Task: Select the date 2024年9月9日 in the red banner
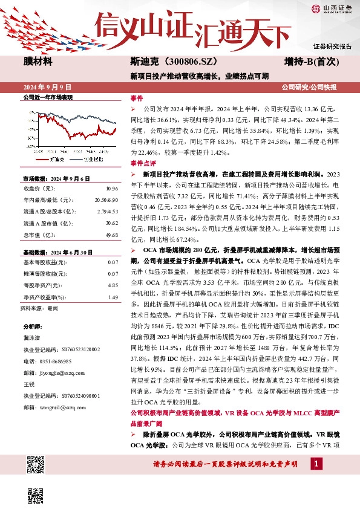48,88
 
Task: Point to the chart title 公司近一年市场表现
47,97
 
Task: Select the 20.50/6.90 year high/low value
106,199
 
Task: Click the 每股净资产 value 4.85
113,284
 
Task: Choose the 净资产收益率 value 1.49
113,297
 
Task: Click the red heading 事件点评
143,164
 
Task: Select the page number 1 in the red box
316,464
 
